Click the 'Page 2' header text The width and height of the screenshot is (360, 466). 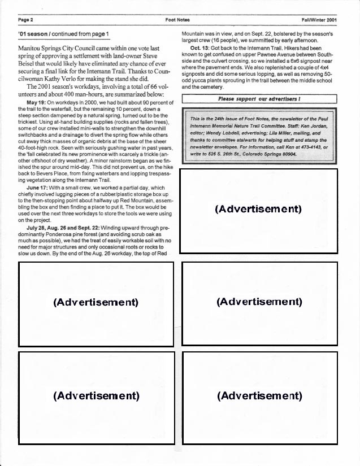(26, 20)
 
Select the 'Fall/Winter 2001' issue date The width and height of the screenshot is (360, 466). (320, 20)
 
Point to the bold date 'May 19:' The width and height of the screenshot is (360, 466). (37, 102)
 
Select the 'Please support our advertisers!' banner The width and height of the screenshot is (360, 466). (259, 99)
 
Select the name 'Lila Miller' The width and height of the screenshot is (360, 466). (289, 134)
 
